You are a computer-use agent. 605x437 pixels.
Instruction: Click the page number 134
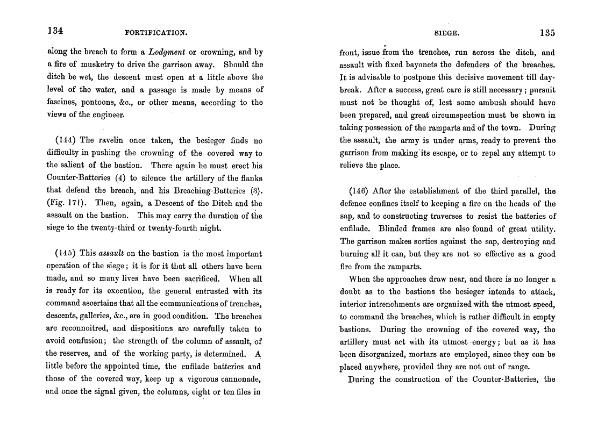point(55,31)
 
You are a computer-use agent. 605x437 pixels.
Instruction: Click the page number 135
point(547,33)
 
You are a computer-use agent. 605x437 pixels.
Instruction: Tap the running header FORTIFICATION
point(155,33)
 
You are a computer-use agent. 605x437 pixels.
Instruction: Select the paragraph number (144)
point(66,140)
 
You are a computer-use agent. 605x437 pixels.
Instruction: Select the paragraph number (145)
point(66,253)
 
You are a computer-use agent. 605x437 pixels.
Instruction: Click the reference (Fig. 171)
point(67,203)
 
